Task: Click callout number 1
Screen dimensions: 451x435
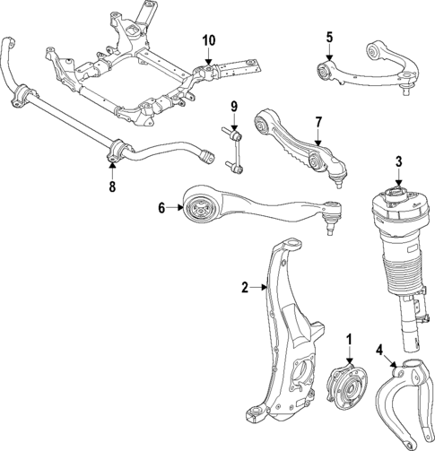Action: pos(349,341)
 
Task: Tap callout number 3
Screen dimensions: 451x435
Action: pos(398,163)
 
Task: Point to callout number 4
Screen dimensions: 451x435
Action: pos(379,349)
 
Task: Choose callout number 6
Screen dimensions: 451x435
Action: pos(162,208)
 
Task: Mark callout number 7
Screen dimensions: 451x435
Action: pos(317,121)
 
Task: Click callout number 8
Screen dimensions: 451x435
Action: pos(111,187)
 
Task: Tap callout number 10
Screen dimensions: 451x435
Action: pos(208,40)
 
